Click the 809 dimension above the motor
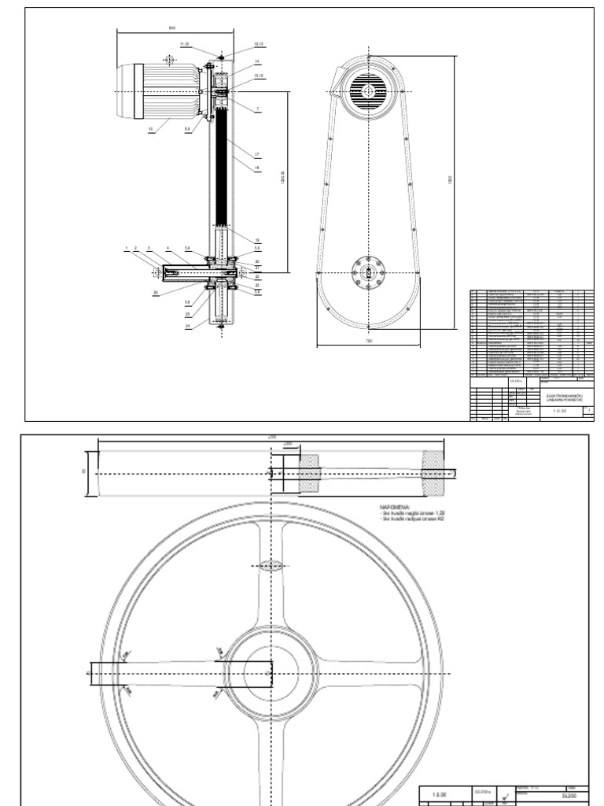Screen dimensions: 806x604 (x=172, y=28)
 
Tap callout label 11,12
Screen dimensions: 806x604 (x=185, y=45)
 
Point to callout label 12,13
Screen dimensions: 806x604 (x=259, y=45)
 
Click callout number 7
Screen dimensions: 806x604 (x=257, y=108)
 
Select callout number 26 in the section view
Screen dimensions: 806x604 (x=157, y=293)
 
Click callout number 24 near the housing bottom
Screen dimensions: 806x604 (x=188, y=325)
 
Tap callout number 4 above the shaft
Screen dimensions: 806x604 (x=168, y=248)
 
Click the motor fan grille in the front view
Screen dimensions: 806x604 (x=367, y=91)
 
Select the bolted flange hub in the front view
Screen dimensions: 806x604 (x=368, y=273)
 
